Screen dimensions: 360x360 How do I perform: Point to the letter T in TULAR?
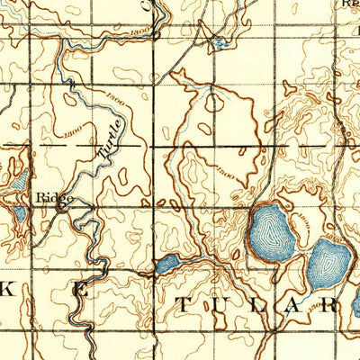click(185, 304)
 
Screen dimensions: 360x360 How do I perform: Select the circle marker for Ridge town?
click(61, 205)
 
